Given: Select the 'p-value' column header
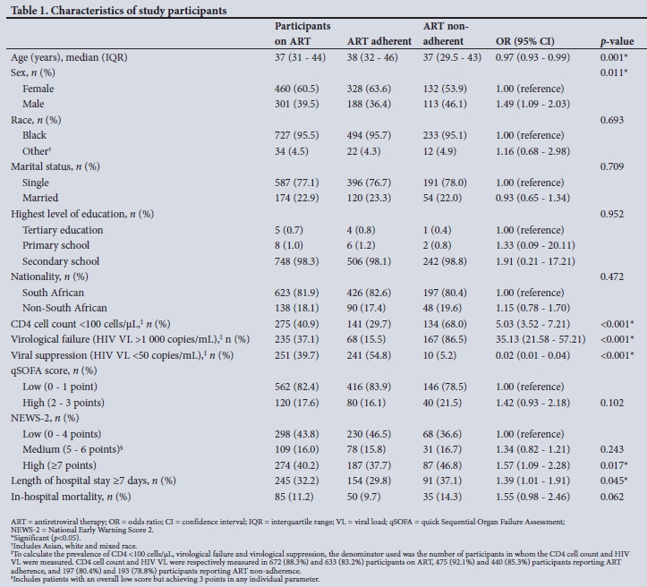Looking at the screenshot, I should click(616, 41).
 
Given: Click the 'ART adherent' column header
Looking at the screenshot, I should click(379, 41).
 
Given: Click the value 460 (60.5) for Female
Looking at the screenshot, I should click(300, 89).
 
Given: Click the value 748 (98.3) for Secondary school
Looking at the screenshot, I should click(300, 261).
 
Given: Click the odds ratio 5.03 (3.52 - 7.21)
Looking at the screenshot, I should click(532, 324).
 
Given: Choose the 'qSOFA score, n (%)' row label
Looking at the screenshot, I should click(53, 371).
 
